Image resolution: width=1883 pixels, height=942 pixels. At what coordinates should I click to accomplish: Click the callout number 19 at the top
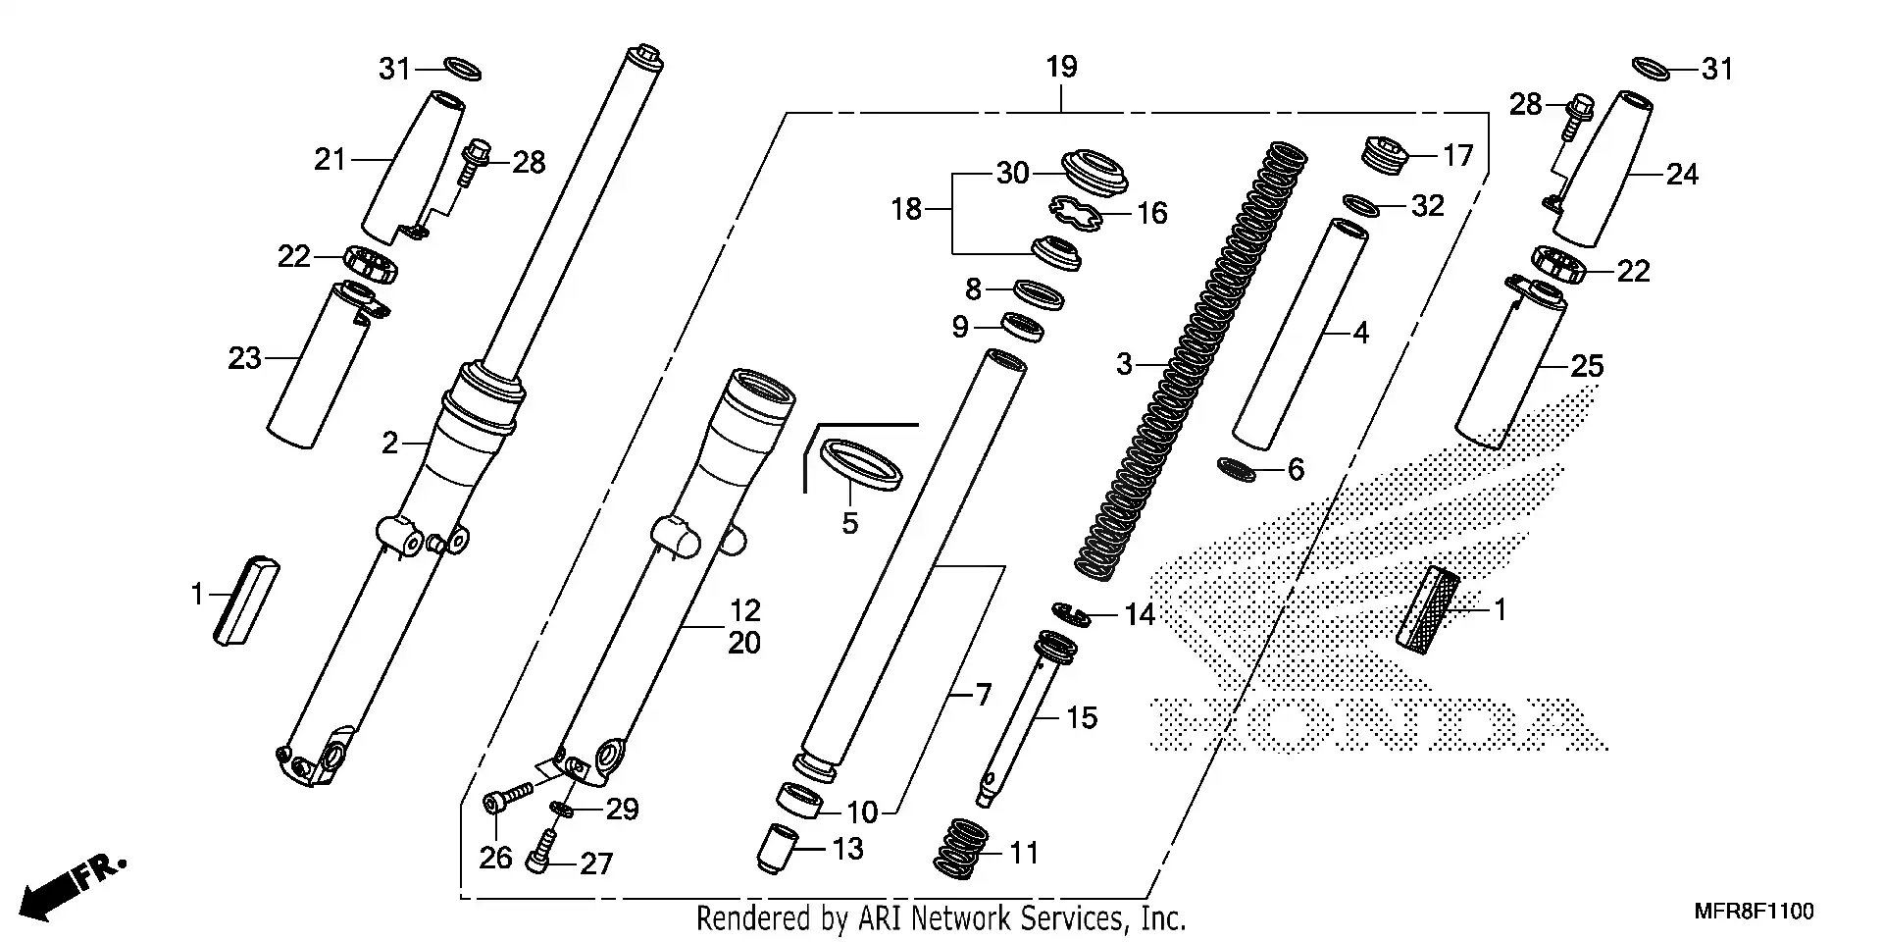[1061, 68]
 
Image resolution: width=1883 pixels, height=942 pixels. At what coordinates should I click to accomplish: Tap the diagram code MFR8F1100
[1754, 912]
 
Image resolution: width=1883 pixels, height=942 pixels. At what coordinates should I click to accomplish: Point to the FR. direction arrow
[69, 885]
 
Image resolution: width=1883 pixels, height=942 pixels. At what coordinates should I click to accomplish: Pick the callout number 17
[1457, 156]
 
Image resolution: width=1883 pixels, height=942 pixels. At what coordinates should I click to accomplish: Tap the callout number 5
[849, 524]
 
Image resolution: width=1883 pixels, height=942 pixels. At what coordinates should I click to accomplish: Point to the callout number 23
[245, 359]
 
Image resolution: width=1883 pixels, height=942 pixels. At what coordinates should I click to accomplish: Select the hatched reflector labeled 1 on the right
[1428, 609]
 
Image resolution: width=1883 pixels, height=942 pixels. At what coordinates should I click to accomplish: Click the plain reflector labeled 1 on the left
[246, 601]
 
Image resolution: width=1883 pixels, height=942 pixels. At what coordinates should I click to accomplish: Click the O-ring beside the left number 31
[462, 69]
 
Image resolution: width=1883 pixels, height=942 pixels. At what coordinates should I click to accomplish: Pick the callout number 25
[1587, 367]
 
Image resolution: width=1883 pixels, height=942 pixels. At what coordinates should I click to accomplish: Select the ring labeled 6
[1236, 469]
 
